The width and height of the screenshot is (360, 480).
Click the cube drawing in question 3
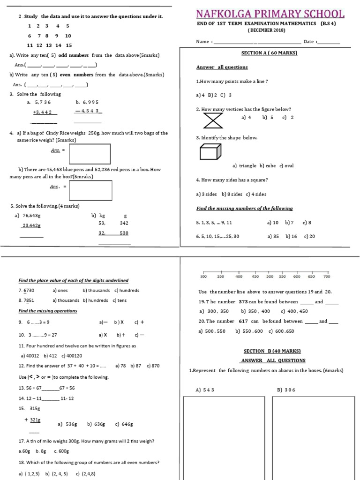(210, 152)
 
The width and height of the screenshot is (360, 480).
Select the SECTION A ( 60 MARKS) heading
(269, 53)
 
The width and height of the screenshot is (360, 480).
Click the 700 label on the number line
(327, 277)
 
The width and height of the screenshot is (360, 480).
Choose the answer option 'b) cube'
(268, 165)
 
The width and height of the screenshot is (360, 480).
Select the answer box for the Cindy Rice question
(90, 154)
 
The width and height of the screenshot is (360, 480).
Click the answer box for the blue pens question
(91, 190)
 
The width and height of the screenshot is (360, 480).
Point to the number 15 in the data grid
(69, 45)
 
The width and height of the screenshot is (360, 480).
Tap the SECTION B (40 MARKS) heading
(272, 351)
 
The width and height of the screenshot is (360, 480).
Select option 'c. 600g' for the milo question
(61, 451)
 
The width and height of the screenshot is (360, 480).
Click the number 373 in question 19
(243, 302)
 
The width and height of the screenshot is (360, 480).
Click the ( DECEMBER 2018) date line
(266, 30)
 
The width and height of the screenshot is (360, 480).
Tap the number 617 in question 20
(242, 321)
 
